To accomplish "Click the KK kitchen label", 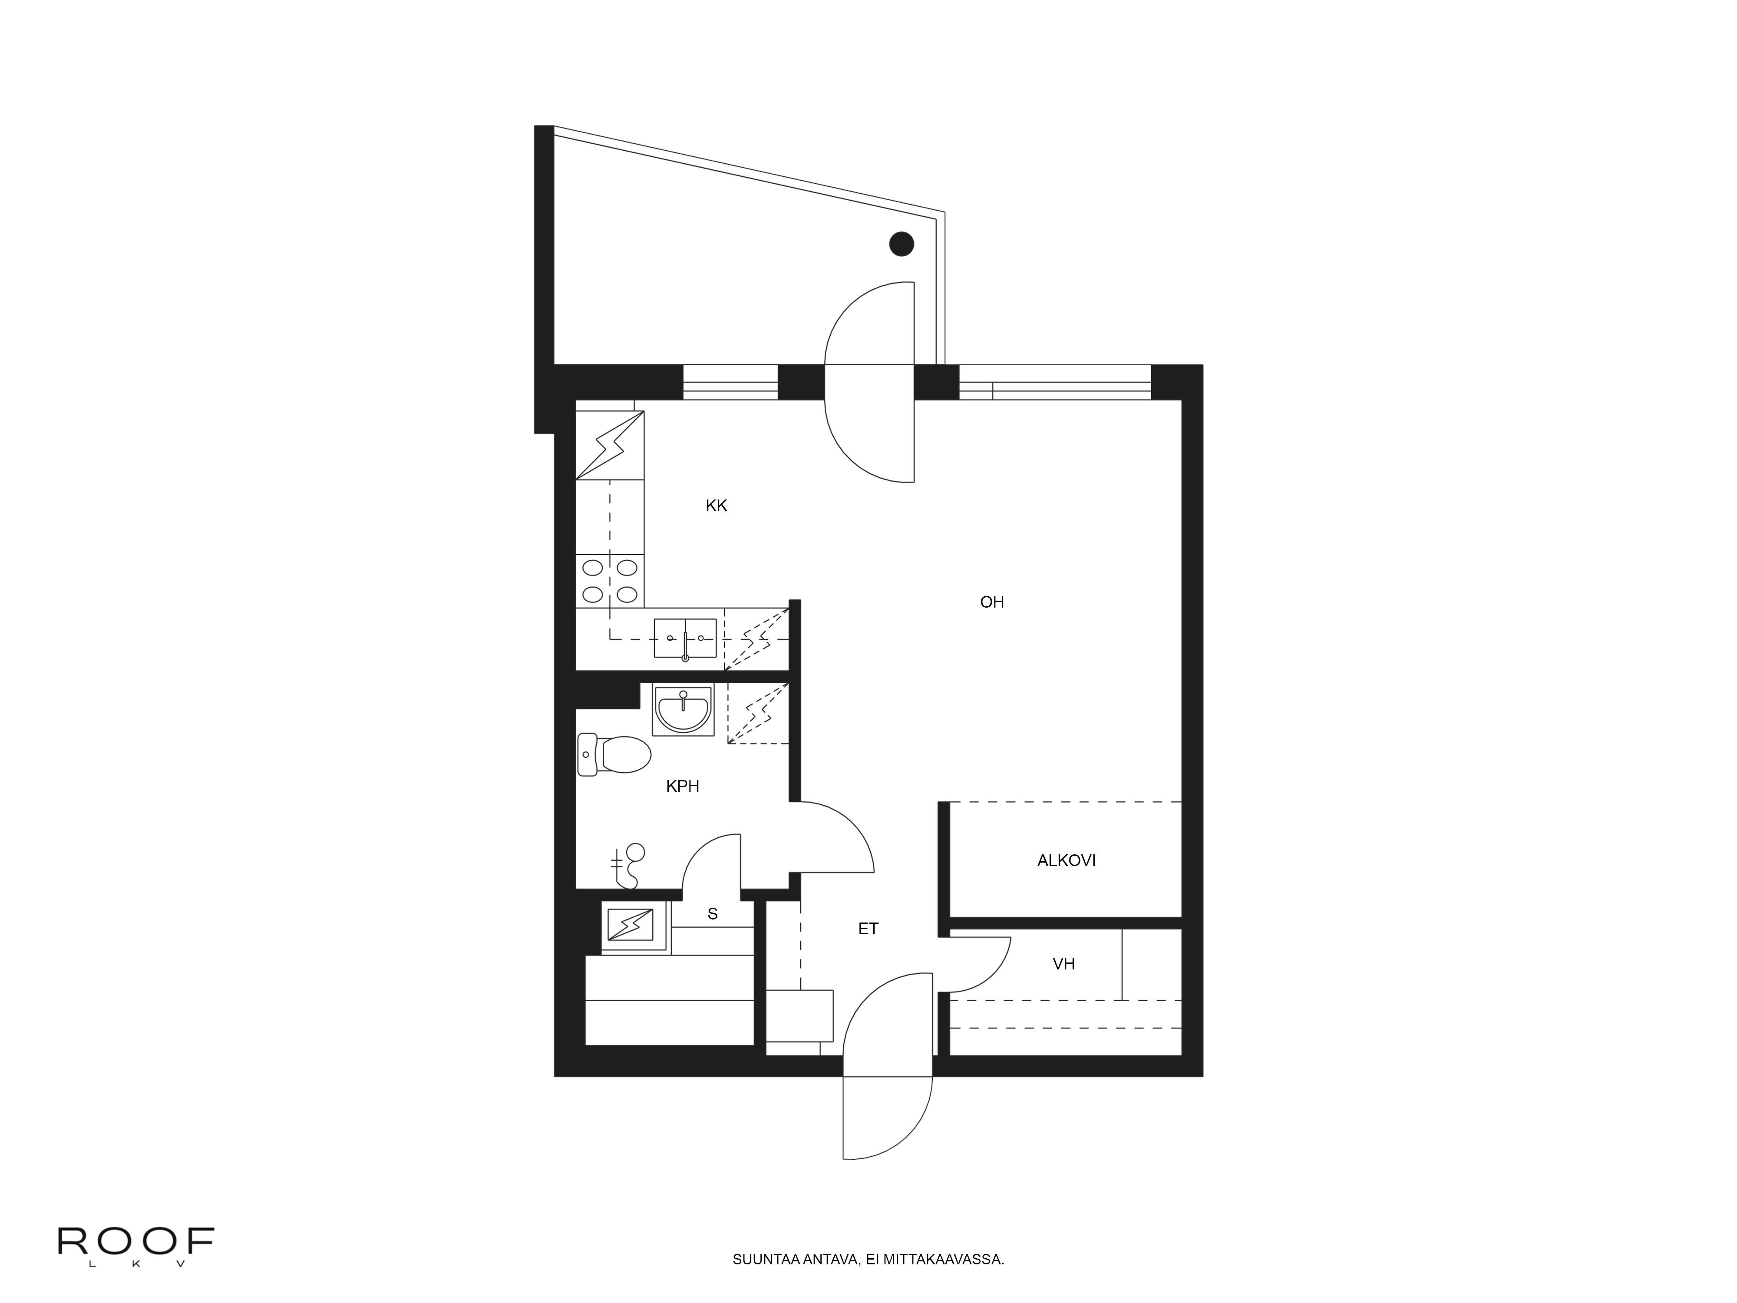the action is [716, 506].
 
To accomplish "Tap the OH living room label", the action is [992, 602].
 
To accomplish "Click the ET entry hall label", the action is [868, 929].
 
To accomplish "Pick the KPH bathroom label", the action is [682, 786].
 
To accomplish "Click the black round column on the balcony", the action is [902, 244].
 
